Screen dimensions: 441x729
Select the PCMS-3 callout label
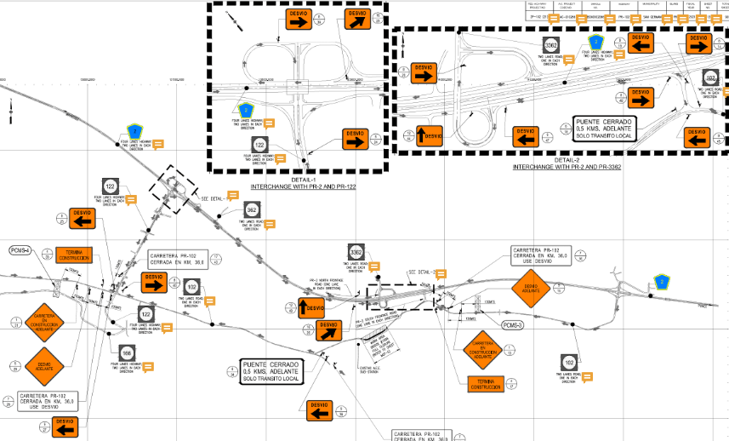coord(512,325)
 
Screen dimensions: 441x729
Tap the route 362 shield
coord(252,210)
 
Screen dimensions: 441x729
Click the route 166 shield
coord(126,353)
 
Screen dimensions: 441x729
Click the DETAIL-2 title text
coord(566,160)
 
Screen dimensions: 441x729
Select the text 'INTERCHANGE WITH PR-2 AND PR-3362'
coord(567,167)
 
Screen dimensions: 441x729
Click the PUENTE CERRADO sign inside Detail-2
coord(606,129)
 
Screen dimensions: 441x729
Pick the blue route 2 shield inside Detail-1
coord(245,109)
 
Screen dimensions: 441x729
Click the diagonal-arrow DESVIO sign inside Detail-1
coord(356,20)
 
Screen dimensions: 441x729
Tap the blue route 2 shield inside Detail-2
coord(596,43)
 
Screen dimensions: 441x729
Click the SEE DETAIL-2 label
coord(423,272)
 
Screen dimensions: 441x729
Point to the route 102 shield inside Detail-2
coord(711,78)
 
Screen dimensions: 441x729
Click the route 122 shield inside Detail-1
coord(259,146)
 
